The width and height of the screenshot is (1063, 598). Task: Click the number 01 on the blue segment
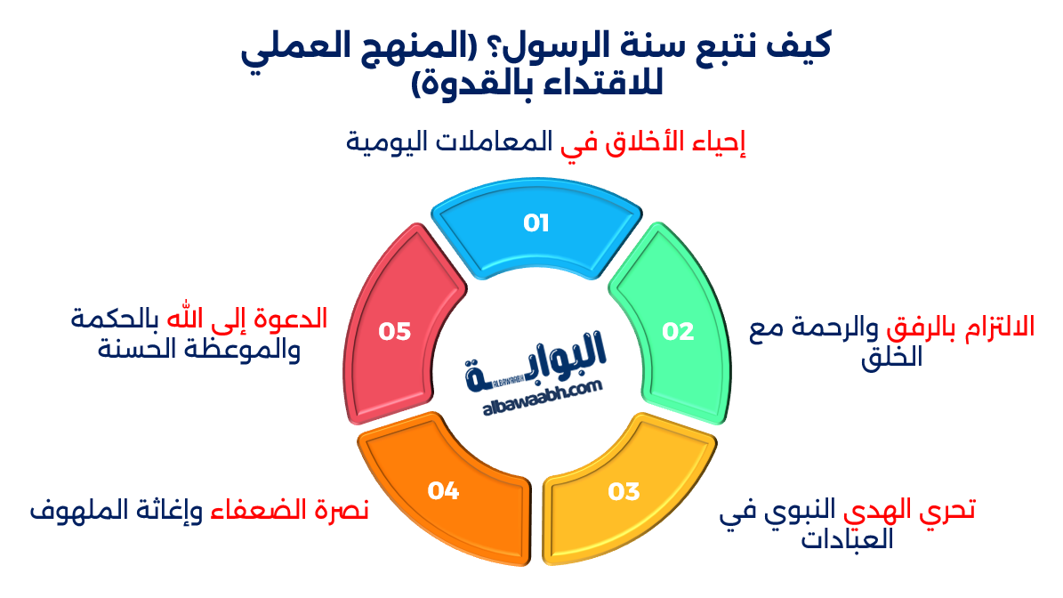click(536, 222)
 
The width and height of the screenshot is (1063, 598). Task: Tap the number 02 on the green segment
click(678, 331)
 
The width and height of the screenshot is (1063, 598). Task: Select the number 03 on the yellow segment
click(624, 490)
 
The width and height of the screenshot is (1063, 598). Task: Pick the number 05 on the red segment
click(394, 331)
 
